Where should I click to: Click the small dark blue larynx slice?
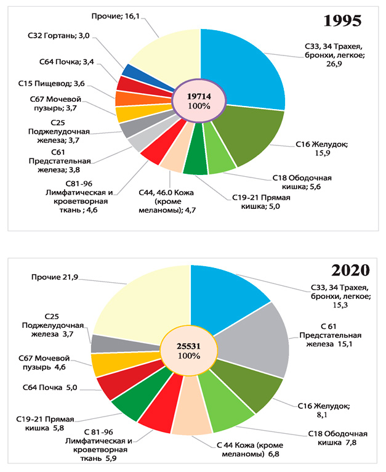tap(129, 70)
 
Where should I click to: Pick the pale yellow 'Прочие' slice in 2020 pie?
tap(142, 302)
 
